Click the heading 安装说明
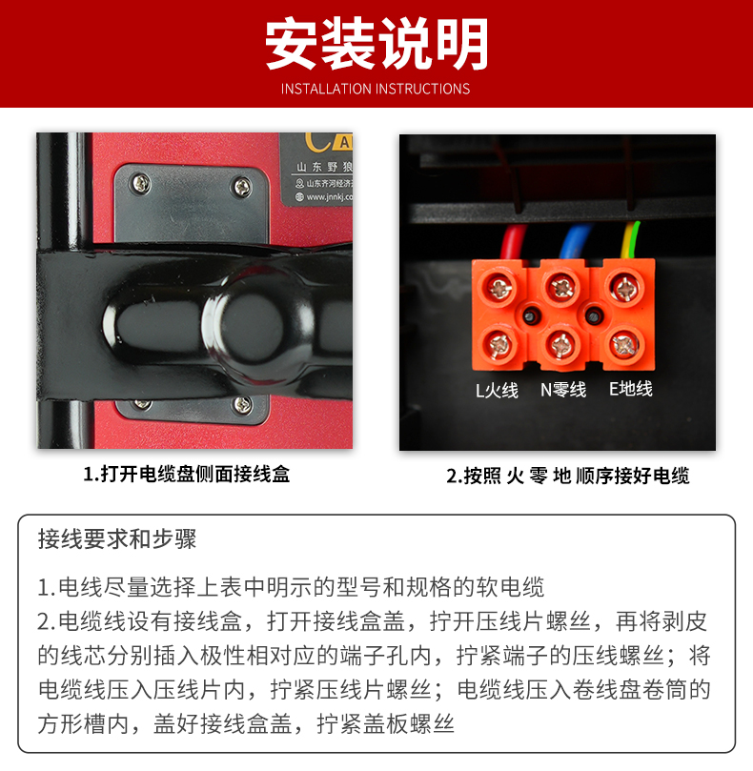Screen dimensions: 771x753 pyautogui.click(x=376, y=44)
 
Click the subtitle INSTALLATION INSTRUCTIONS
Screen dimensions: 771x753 pyautogui.click(x=376, y=89)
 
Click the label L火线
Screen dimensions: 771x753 pyautogui.click(x=497, y=390)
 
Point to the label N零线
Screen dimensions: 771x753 pyautogui.click(x=563, y=390)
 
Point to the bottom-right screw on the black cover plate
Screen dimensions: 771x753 pyautogui.click(x=242, y=404)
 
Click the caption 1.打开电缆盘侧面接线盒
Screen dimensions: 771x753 pyautogui.click(x=187, y=474)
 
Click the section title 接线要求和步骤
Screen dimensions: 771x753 pyautogui.click(x=117, y=538)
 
